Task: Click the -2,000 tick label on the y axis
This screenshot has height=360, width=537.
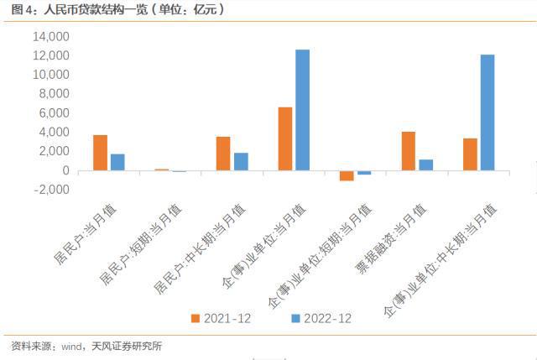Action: coord(51,190)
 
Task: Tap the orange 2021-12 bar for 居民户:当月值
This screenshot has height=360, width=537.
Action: coord(100,153)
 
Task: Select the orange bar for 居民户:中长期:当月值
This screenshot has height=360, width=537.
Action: coord(223,154)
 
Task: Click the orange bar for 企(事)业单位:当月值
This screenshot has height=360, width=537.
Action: coord(285,138)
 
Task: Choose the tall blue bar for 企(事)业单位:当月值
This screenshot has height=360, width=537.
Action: coord(302,110)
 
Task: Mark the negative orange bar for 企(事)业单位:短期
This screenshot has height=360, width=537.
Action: coord(347,175)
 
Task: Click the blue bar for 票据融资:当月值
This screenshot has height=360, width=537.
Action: coord(425,164)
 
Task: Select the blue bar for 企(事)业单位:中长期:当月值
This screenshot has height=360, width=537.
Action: coord(487,112)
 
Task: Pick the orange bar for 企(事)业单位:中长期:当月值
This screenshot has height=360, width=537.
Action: coord(470,154)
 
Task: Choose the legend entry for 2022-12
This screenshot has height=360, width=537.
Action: coord(321,319)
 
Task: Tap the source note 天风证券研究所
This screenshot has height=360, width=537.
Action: coord(127,346)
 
